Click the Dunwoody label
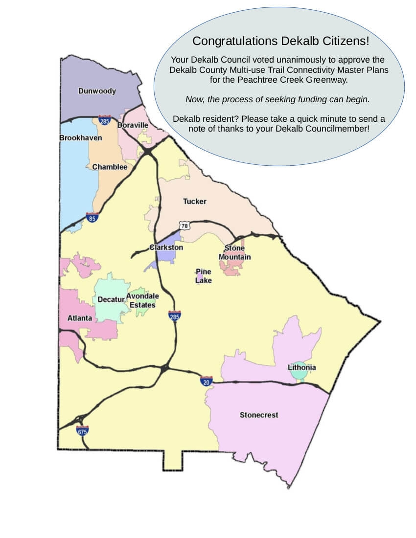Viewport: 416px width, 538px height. coord(97,91)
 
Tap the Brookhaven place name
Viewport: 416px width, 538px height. coord(81,138)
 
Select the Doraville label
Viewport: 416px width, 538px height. coord(133,125)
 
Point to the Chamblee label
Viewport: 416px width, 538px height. coord(110,167)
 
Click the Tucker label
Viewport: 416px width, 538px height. coord(195,201)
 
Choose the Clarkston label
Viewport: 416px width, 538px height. coord(166,247)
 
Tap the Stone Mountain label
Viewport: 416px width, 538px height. coord(234,253)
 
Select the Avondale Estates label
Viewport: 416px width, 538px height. coord(142,300)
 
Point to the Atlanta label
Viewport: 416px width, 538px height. coord(79,318)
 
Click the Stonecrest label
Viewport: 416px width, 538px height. coord(259,415)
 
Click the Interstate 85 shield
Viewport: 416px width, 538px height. coord(92,218)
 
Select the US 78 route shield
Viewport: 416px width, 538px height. coord(184,225)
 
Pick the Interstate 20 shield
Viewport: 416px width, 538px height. coord(207,381)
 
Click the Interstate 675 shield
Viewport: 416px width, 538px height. coord(82,431)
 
